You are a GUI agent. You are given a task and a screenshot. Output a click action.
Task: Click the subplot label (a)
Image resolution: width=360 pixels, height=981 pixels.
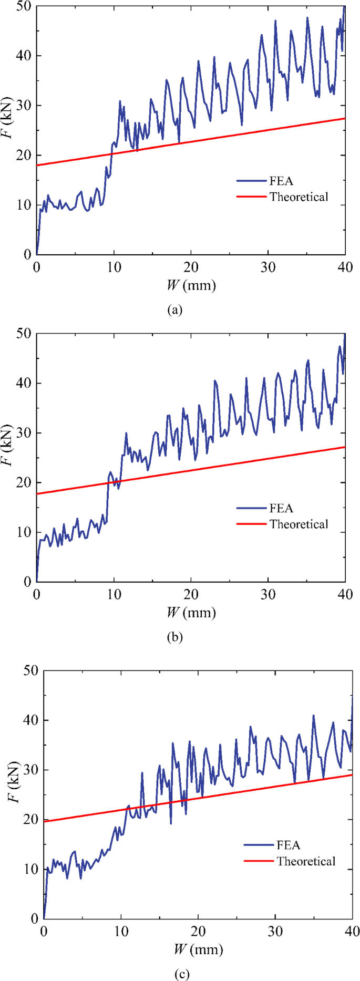[x=174, y=309]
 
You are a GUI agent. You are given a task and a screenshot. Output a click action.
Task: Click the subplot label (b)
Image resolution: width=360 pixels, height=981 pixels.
[x=174, y=637]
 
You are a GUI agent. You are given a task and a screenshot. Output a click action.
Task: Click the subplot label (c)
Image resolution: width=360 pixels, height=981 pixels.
[x=182, y=974]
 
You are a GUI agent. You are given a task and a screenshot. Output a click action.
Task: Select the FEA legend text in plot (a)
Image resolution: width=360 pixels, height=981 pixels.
[x=281, y=181]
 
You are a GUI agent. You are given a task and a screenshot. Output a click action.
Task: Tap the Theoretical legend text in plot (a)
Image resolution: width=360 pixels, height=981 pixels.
[x=299, y=197]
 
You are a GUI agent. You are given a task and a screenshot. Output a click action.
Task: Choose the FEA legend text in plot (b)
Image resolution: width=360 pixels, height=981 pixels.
[x=281, y=508]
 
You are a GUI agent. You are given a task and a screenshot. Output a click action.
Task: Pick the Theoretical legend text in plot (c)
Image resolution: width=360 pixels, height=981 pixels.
[x=306, y=861]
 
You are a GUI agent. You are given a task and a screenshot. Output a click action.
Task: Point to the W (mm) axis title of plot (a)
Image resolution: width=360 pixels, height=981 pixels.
[x=191, y=285]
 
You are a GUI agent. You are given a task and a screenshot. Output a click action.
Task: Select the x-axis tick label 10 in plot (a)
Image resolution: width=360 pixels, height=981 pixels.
[x=114, y=267]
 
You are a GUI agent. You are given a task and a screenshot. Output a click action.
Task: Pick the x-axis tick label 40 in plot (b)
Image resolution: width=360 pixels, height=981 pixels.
[x=345, y=594]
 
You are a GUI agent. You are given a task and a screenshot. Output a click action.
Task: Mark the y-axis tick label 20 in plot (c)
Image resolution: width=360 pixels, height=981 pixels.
[x=30, y=820]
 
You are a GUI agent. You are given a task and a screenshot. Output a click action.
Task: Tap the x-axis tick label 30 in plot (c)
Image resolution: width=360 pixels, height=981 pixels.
[x=275, y=932]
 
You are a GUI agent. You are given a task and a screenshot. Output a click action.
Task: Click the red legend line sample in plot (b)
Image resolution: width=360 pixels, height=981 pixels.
[x=251, y=524]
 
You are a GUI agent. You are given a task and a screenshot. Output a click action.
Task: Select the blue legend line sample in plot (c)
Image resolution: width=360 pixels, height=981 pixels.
[x=259, y=845]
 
